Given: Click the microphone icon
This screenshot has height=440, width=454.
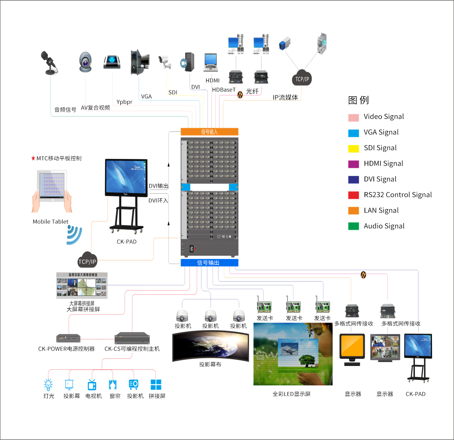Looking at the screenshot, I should click(x=50, y=62).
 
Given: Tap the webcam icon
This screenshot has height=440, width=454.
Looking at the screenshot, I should click(x=85, y=62).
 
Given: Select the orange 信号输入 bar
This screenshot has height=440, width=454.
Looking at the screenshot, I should click(x=209, y=132).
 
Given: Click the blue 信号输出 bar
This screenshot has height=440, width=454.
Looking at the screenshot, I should click(x=209, y=263).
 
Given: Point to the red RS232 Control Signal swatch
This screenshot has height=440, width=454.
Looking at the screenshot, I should click(x=353, y=195).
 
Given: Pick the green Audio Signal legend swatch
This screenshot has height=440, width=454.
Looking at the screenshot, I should click(x=353, y=226).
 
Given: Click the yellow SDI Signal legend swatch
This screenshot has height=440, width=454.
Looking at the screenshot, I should click(x=353, y=148).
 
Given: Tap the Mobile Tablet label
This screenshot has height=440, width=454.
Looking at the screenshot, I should click(x=50, y=222).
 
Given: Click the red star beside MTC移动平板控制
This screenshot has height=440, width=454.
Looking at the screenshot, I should click(x=33, y=158).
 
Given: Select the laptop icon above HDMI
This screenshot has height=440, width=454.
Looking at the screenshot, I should click(x=211, y=62).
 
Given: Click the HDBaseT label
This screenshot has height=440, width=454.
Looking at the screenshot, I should click(x=223, y=90).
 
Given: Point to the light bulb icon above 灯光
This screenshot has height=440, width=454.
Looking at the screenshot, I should click(x=48, y=385).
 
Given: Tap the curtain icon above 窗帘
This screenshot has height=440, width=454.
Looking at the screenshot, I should click(x=113, y=385).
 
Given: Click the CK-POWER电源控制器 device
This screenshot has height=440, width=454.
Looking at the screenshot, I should click(x=68, y=338).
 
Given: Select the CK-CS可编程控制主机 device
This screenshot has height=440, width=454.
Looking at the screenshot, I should click(x=132, y=338).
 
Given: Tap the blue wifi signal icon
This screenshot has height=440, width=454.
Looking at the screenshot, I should click(x=74, y=235).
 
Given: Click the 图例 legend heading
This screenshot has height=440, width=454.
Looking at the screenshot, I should click(x=358, y=100).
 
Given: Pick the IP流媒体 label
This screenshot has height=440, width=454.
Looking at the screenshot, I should click(x=285, y=98).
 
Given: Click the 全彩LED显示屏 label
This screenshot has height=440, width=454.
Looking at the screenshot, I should click(x=291, y=394).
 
